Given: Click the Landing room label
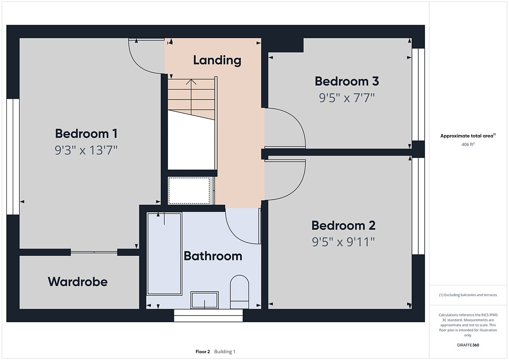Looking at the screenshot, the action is (x=217, y=60).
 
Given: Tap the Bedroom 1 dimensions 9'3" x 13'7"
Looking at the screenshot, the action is (x=86, y=150).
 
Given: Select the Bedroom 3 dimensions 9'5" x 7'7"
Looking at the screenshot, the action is (x=347, y=98).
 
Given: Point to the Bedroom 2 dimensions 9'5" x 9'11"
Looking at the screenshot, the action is (x=343, y=242).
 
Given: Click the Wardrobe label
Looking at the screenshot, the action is (x=78, y=282).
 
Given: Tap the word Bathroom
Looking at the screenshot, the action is (x=213, y=256).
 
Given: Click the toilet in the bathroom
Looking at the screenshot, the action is (x=240, y=292).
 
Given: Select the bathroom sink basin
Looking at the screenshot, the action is (x=204, y=300).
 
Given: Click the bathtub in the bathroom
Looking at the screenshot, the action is (x=164, y=254).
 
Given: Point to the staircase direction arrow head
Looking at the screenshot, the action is (x=191, y=82).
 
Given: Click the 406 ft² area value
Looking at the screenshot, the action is (x=468, y=144).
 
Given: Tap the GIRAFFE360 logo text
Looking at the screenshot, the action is (x=468, y=345).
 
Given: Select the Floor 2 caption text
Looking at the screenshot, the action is (x=203, y=352).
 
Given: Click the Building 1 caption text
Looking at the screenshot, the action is (x=225, y=352).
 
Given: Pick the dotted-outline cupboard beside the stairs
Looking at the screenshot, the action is (x=189, y=191).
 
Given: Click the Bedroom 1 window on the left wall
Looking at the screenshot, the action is (x=13, y=156).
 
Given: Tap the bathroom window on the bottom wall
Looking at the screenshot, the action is (x=208, y=315).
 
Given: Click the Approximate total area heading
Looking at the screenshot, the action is (x=468, y=136).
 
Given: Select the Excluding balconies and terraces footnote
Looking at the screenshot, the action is (x=468, y=295).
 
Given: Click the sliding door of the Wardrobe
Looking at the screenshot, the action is (x=94, y=252).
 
